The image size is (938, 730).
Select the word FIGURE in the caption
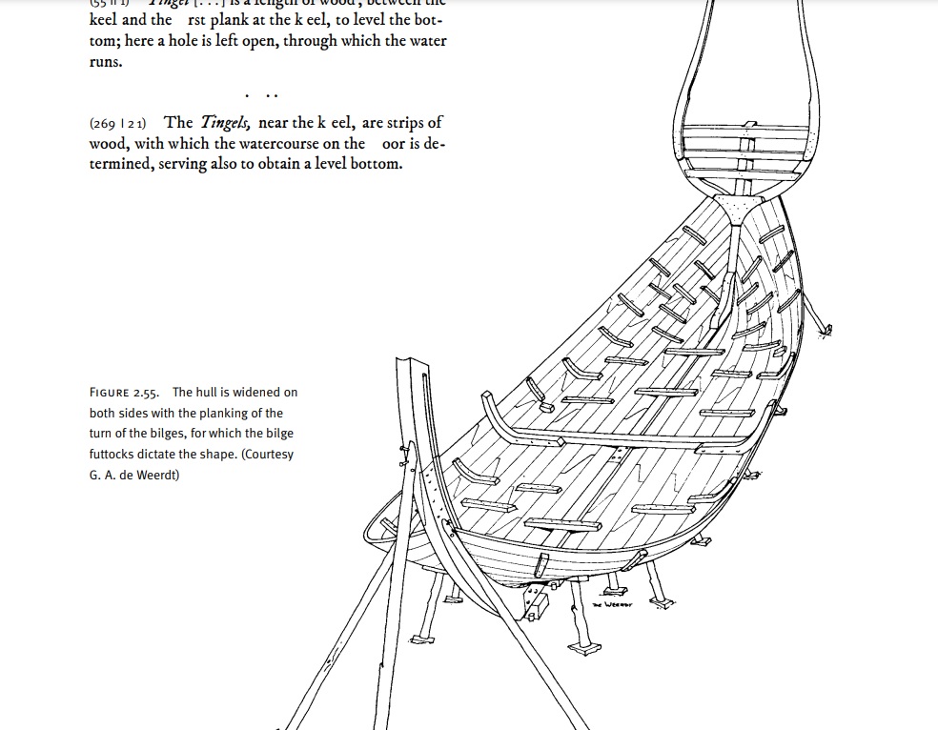110,393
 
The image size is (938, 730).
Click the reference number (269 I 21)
117,123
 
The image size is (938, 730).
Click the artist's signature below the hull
612,604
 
